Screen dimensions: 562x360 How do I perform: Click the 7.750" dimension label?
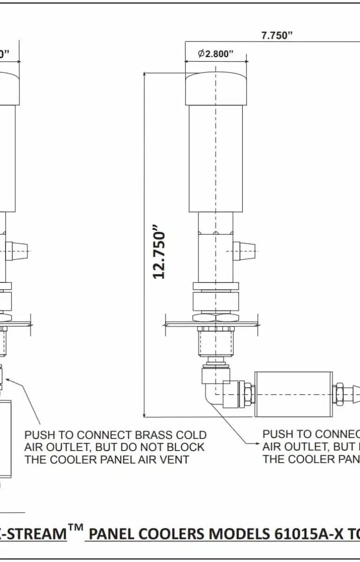click(x=277, y=36)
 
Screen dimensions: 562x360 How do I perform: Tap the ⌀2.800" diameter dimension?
click(x=216, y=53)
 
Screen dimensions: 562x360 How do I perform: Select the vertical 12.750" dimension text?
click(x=160, y=254)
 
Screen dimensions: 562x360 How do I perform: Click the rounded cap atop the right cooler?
click(x=216, y=89)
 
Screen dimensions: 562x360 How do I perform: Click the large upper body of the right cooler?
click(x=216, y=159)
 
